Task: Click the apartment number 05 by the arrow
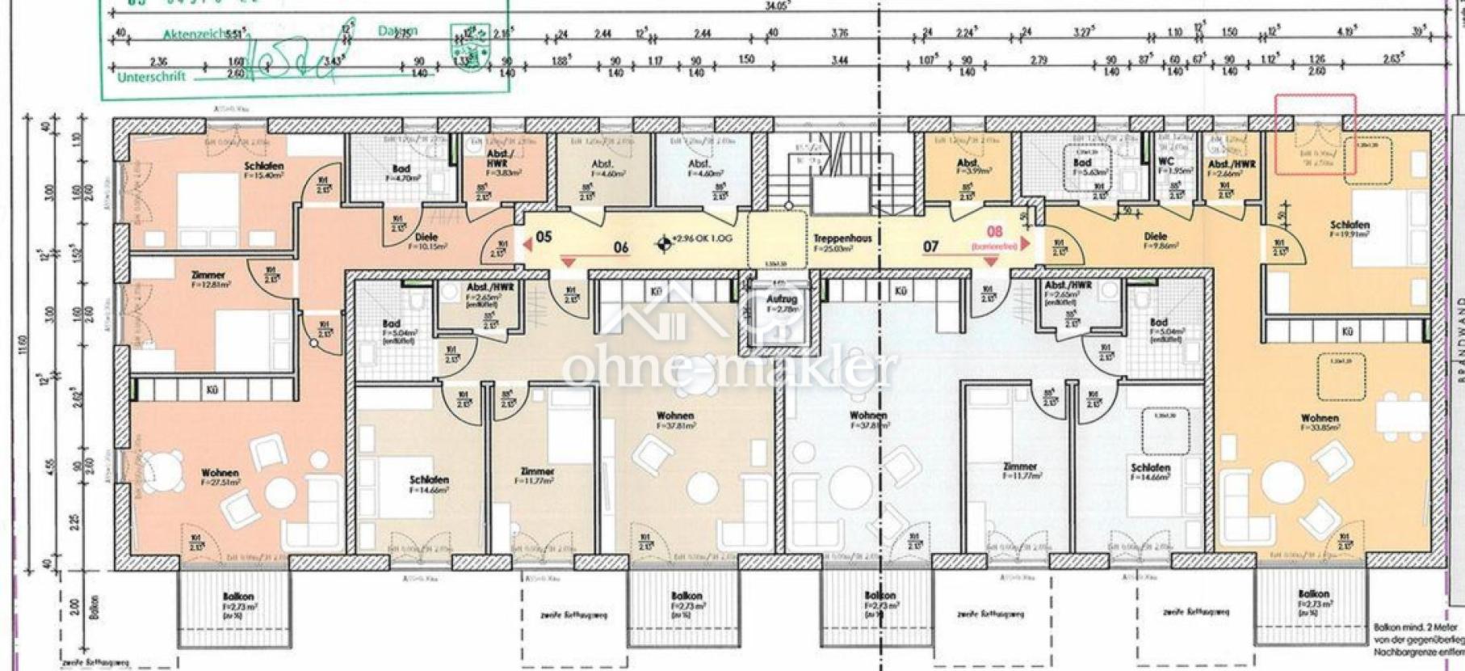544,237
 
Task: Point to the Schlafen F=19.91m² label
1350,229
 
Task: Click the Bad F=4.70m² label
401,171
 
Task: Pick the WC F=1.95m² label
1165,166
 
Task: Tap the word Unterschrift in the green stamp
151,77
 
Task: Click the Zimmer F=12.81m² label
208,280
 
